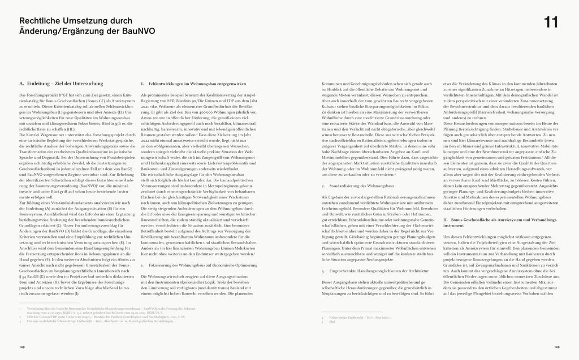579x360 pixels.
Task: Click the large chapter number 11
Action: pyautogui.click(x=551, y=22)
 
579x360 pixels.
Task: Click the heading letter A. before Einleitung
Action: pyautogui.click(x=21, y=84)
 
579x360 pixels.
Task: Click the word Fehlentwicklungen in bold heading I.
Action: pyautogui.click(x=167, y=84)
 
